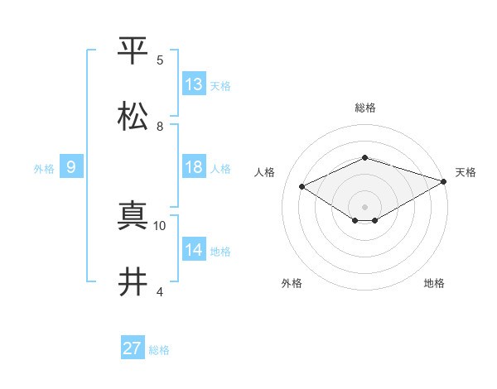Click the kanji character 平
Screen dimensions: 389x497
(x=133, y=50)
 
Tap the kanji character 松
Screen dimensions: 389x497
(x=133, y=117)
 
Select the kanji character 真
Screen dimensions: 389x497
(x=133, y=216)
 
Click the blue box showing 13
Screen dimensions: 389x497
(x=194, y=84)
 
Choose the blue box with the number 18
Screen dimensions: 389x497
(x=194, y=167)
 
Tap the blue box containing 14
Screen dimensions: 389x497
(x=194, y=250)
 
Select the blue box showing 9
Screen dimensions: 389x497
(x=71, y=167)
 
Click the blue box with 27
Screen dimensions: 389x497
(x=133, y=348)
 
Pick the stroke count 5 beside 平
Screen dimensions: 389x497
(x=160, y=60)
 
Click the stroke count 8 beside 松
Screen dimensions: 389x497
(x=160, y=127)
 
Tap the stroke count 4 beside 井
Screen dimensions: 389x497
(x=160, y=292)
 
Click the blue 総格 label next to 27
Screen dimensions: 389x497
(x=159, y=350)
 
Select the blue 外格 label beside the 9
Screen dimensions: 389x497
(x=44, y=168)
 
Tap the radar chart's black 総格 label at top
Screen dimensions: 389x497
(x=365, y=108)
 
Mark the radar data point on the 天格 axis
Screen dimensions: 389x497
(x=446, y=180)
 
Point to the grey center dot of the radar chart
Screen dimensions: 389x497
(x=365, y=206)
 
